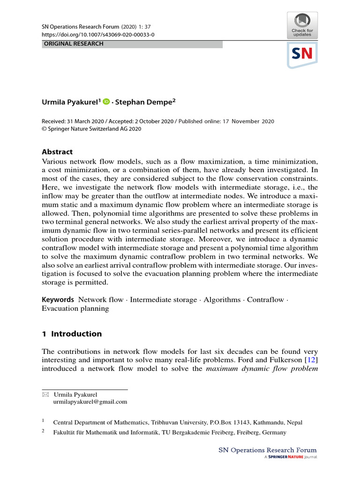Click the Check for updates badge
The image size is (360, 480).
coord(302,25)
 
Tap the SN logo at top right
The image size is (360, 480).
coord(302,54)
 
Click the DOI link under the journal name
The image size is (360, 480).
coord(98,35)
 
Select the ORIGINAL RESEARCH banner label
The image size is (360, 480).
coord(73,44)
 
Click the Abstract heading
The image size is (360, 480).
coord(57,152)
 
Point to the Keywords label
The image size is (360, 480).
coord(58,300)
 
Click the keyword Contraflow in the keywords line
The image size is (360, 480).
coord(265,300)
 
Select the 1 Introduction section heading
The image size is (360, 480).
coord(72,334)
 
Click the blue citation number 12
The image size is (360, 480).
coord(312,359)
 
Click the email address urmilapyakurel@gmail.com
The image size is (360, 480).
coord(90,402)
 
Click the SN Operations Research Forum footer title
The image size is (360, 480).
coord(268,450)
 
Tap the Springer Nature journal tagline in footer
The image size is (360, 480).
coord(291,457)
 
